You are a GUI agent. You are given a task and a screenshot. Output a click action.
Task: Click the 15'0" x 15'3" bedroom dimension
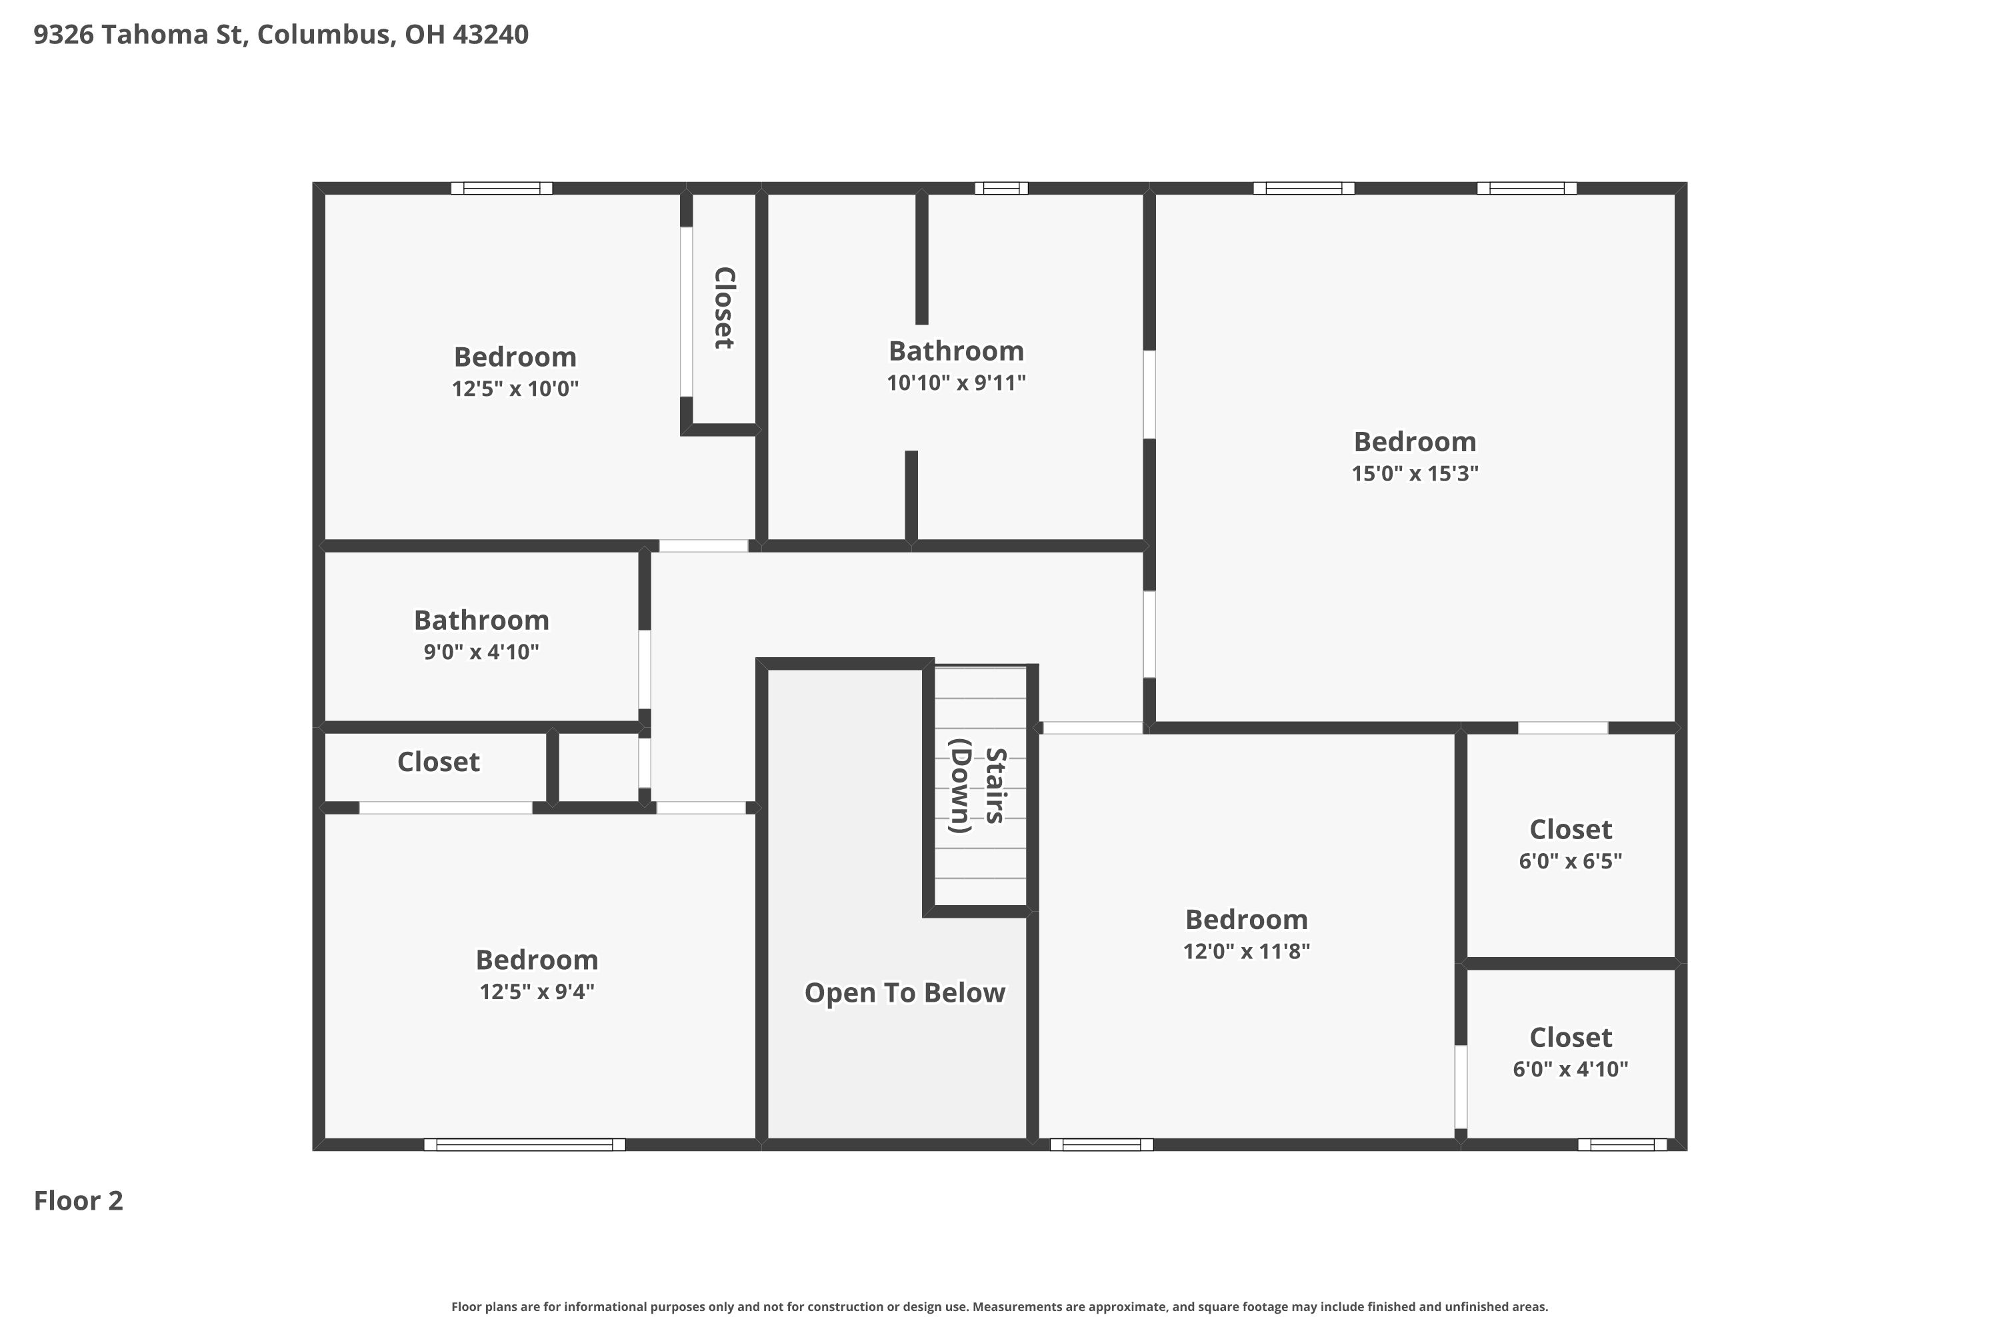[1415, 473]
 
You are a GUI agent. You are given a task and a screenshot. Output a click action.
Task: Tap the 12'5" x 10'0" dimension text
[515, 389]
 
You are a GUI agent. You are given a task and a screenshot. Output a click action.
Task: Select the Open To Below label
[905, 993]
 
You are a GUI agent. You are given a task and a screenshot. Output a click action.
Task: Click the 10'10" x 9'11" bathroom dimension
[957, 383]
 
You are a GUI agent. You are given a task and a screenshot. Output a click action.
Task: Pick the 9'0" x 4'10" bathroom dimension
[481, 652]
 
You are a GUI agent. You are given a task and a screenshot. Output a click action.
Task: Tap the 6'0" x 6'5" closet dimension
[1571, 861]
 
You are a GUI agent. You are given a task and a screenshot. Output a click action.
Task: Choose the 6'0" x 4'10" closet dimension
[1571, 1070]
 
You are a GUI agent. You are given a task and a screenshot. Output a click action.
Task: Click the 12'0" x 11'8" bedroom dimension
[1247, 951]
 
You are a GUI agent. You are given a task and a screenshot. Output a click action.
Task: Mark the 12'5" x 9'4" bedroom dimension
[537, 991]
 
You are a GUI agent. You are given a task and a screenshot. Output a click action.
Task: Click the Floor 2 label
[78, 1201]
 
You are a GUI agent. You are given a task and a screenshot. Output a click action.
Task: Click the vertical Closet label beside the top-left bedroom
[723, 308]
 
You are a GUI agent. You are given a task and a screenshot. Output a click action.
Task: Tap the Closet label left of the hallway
[439, 762]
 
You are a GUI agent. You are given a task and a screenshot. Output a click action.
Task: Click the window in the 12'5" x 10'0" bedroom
[502, 188]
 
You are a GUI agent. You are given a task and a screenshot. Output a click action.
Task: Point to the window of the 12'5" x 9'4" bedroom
[525, 1144]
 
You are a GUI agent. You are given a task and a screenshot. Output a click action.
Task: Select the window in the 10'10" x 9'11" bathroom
[1001, 188]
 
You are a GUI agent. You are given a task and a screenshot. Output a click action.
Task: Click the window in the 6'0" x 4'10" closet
[1623, 1144]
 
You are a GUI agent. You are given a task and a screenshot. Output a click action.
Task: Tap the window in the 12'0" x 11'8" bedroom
[1101, 1144]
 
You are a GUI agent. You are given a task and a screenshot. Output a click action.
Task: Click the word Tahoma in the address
[171, 35]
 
